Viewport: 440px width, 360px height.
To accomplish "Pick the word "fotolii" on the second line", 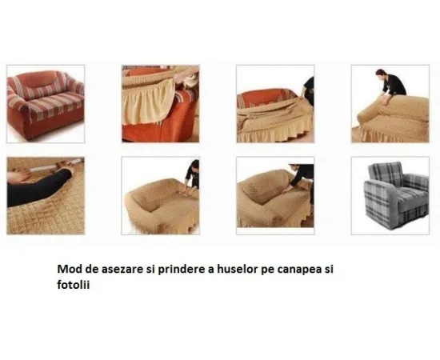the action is point(74,285).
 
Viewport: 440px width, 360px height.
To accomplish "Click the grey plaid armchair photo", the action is point(390,195).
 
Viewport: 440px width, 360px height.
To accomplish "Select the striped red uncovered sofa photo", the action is point(46,104).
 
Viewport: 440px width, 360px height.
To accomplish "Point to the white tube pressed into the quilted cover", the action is point(66,166).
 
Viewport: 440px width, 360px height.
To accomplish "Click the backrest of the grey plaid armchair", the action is point(386,171).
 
